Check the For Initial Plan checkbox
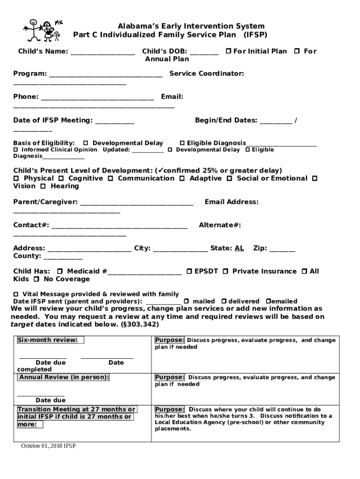(228, 51)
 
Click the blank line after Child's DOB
(204, 52)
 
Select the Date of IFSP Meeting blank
(115, 122)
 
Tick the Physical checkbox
(16, 179)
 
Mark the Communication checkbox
(111, 179)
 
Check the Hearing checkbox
(43, 187)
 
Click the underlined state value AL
(239, 248)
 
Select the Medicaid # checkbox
(60, 271)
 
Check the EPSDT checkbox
(189, 271)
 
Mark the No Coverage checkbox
(36, 279)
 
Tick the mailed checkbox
(186, 302)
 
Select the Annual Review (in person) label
(64, 377)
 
